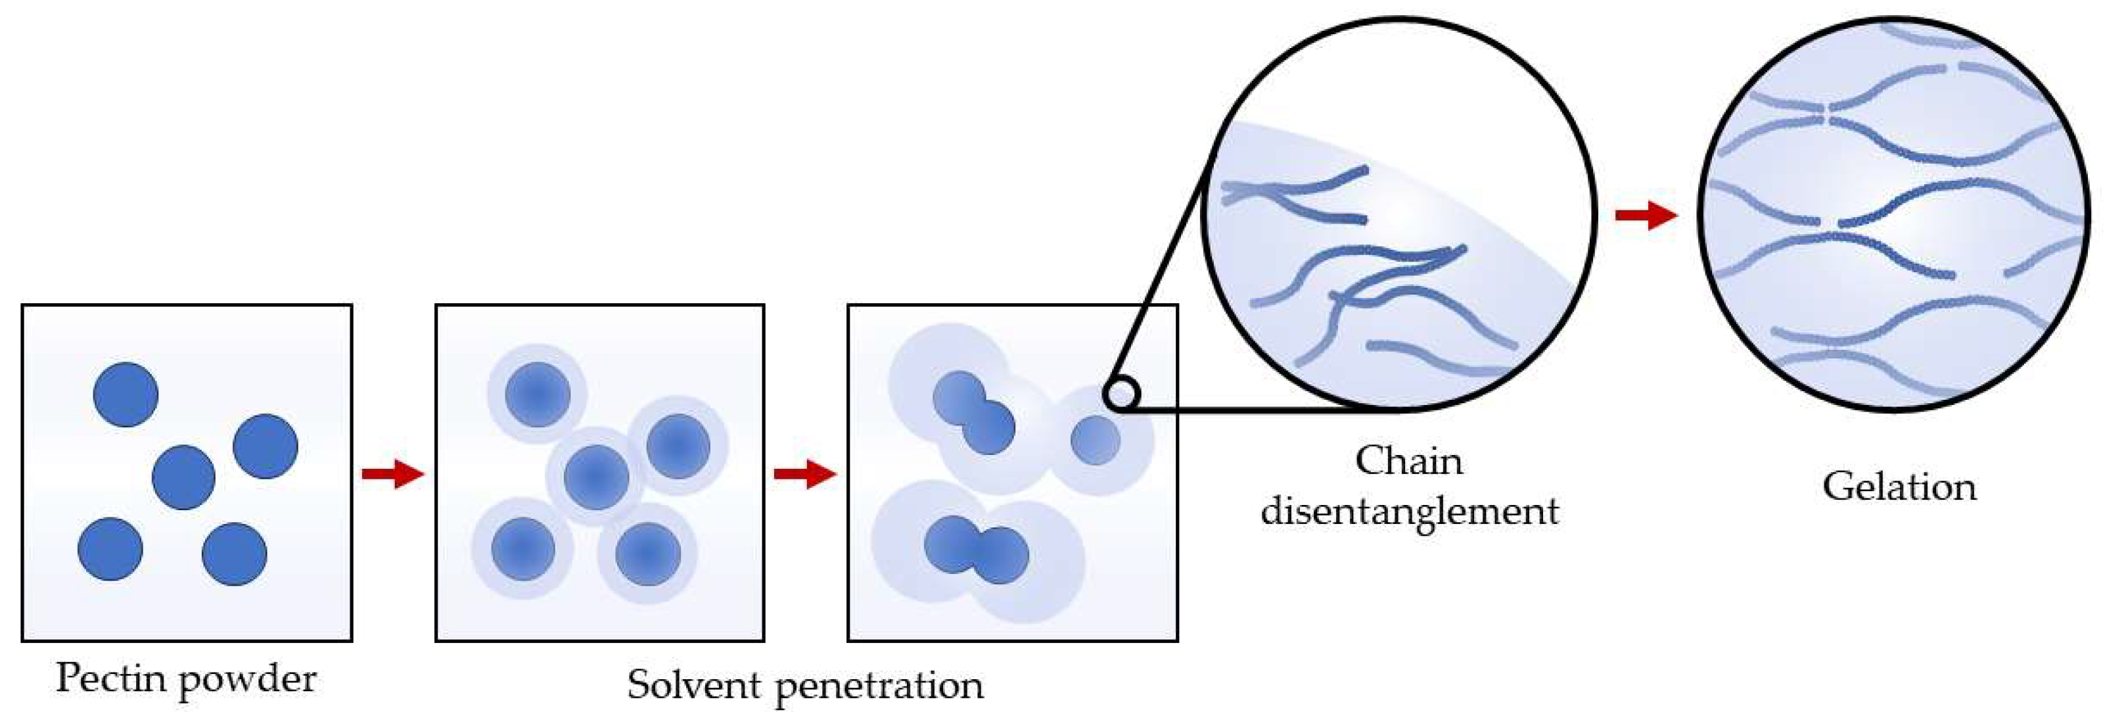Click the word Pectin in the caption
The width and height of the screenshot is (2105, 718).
(x=111, y=678)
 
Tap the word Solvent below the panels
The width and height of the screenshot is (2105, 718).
(x=694, y=684)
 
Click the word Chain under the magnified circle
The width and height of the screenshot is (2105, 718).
(x=1409, y=461)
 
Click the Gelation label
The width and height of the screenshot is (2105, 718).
(x=1899, y=487)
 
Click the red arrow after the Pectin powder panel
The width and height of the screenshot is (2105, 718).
(x=393, y=473)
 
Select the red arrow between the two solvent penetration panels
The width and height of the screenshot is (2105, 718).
(x=805, y=473)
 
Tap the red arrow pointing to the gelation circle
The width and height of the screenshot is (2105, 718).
(x=1646, y=215)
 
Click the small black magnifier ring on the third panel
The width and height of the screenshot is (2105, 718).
(x=1121, y=393)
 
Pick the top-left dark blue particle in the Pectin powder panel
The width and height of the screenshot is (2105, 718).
(x=126, y=394)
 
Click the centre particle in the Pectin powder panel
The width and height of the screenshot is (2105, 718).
(x=184, y=477)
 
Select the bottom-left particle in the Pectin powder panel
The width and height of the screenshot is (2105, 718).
(x=110, y=549)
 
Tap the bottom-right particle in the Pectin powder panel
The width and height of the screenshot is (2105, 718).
(x=235, y=554)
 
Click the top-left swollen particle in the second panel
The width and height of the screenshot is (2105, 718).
(x=537, y=394)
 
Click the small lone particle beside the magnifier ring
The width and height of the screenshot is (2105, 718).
(x=1095, y=440)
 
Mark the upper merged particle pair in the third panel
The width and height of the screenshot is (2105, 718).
(x=974, y=413)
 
